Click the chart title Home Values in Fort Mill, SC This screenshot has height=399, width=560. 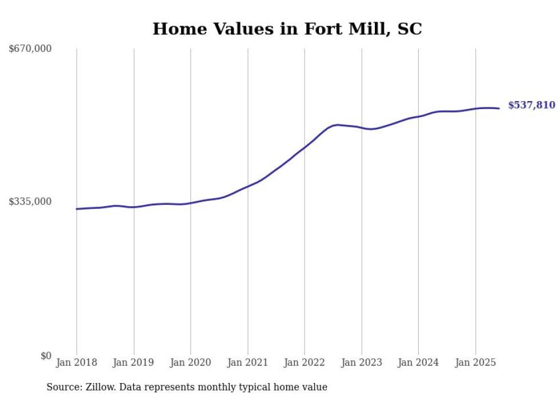point(287,29)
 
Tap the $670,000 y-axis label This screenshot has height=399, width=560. point(30,49)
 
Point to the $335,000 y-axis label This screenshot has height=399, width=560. point(30,201)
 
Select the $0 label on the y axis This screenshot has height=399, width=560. point(46,356)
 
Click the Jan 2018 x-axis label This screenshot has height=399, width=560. point(77,362)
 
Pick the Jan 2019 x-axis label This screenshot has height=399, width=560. point(134,362)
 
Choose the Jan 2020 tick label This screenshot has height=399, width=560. point(191,362)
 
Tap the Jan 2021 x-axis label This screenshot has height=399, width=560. point(247,362)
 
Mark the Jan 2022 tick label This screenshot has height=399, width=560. point(305,362)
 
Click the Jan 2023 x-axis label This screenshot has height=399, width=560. point(361,362)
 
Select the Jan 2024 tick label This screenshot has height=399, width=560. point(418,362)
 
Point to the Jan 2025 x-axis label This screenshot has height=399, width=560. point(475,362)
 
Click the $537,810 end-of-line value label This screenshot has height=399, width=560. point(531,105)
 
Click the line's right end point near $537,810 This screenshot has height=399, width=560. point(499,108)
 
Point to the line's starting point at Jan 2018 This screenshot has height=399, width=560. point(77,209)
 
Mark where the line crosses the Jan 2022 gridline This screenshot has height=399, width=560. point(305,147)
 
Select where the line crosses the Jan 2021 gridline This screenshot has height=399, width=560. point(247,186)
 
